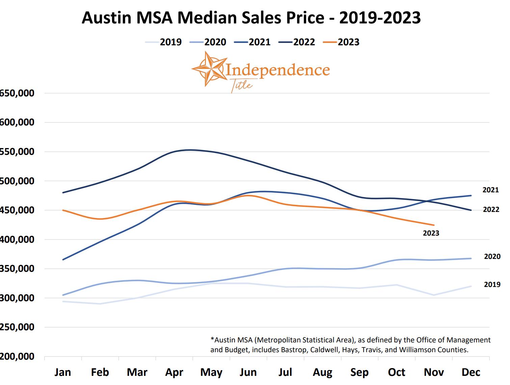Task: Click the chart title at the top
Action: [x=251, y=18]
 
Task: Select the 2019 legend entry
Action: [x=164, y=42]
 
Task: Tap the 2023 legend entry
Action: [x=341, y=42]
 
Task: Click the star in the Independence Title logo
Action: [x=208, y=69]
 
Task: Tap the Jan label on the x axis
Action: [x=63, y=372]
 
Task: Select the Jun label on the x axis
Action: [x=248, y=372]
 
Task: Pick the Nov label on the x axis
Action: [x=434, y=372]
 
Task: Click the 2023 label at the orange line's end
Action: [x=431, y=233]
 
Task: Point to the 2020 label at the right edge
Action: [x=492, y=257]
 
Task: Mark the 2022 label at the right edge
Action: [x=491, y=210]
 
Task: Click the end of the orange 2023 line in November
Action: [x=434, y=225]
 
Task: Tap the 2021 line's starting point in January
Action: [x=63, y=260]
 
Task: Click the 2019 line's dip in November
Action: [x=434, y=295]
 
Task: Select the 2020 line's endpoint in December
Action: [x=471, y=259]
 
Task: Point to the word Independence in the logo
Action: [x=277, y=70]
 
